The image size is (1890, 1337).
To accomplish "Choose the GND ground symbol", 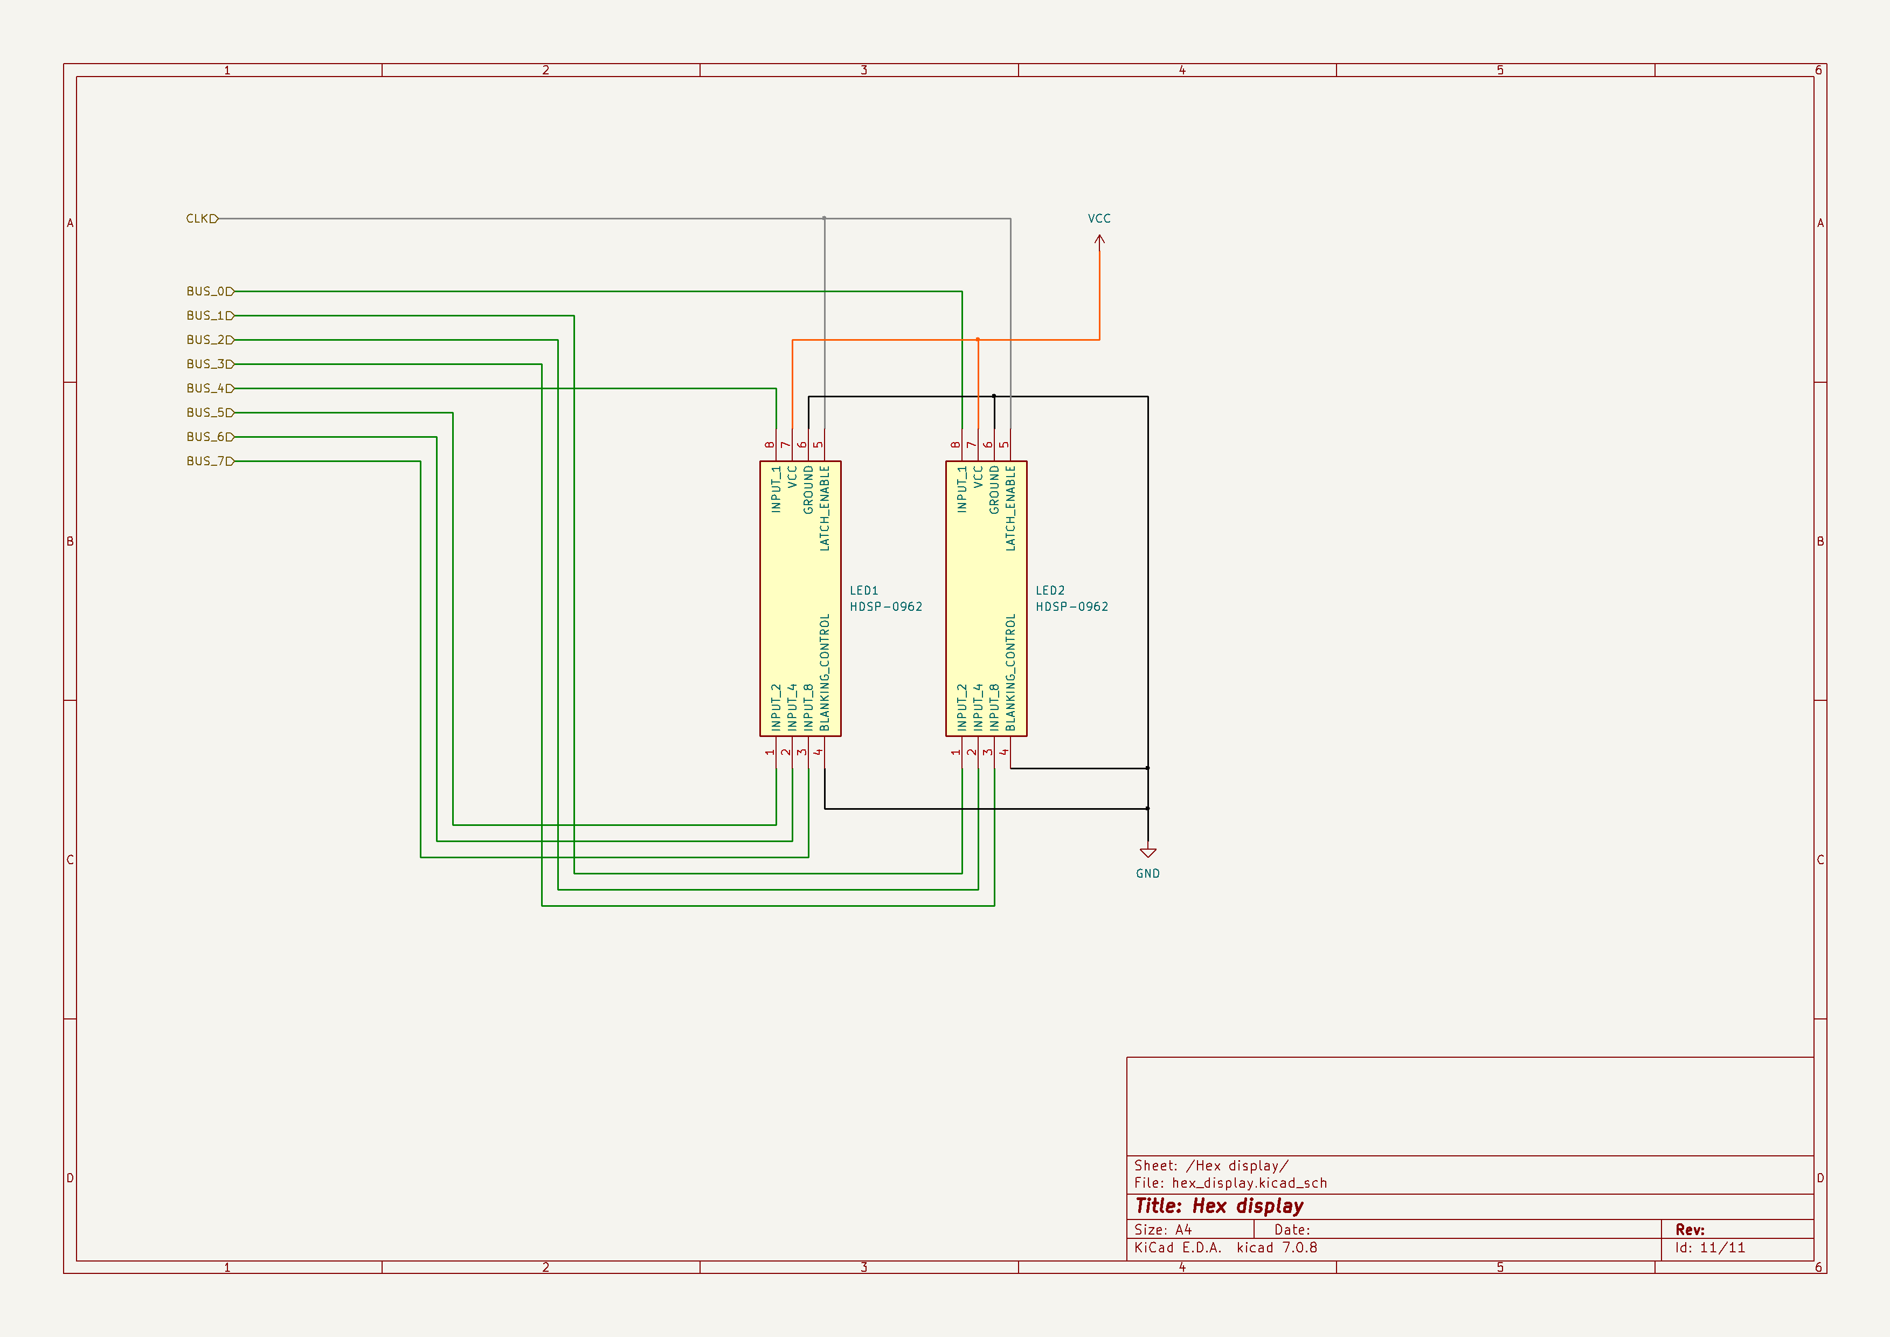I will tap(1147, 854).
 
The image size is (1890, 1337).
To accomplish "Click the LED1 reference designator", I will tap(863, 590).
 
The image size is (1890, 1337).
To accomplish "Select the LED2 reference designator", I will tap(1049, 590).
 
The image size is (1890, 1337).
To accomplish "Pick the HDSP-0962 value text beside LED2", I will tap(1072, 607).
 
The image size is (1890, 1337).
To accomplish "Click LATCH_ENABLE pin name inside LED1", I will tap(825, 508).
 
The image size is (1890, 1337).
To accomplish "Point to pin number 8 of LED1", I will tap(770, 445).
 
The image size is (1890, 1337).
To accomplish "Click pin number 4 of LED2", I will tap(1004, 752).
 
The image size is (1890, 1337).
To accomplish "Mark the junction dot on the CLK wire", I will tap(824, 218).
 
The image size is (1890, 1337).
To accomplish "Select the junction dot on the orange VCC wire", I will tap(978, 339).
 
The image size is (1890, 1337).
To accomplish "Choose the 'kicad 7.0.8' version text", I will tap(1276, 1248).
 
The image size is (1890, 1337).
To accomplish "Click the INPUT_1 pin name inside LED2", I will tap(961, 490).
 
